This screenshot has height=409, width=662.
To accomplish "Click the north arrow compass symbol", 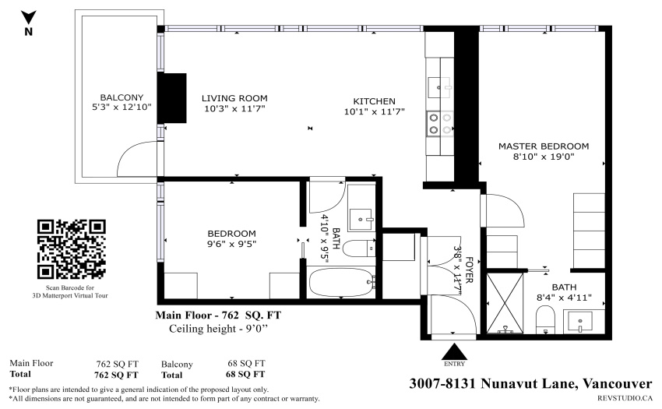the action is click(29, 18).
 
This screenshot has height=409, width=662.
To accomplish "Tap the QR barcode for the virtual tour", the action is click(72, 249).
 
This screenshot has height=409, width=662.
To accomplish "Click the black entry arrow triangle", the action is click(454, 351).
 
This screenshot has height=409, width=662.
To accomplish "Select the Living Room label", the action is click(234, 98).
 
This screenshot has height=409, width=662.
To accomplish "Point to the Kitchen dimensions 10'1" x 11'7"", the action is click(374, 111).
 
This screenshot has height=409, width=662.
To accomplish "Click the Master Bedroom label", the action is click(544, 146).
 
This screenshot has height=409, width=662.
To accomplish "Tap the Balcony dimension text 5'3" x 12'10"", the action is click(121, 108).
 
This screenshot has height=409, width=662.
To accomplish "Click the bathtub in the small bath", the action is click(342, 282).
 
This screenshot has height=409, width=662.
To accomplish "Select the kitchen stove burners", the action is click(440, 123).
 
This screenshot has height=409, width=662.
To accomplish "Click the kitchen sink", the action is click(439, 88).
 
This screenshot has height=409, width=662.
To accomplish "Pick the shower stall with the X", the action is click(505, 303).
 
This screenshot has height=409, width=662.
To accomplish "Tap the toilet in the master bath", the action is click(545, 320).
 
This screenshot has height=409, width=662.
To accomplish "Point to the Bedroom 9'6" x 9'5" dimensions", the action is click(231, 244).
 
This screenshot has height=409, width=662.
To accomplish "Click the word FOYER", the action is click(469, 270).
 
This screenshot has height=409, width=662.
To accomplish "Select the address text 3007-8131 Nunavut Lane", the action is click(493, 383).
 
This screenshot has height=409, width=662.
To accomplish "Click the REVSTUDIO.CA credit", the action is click(625, 398).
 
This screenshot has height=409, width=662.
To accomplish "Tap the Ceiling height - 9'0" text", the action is click(218, 329).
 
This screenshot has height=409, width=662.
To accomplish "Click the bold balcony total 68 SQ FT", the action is click(245, 375).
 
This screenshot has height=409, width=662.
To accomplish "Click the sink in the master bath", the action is click(580, 322).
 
